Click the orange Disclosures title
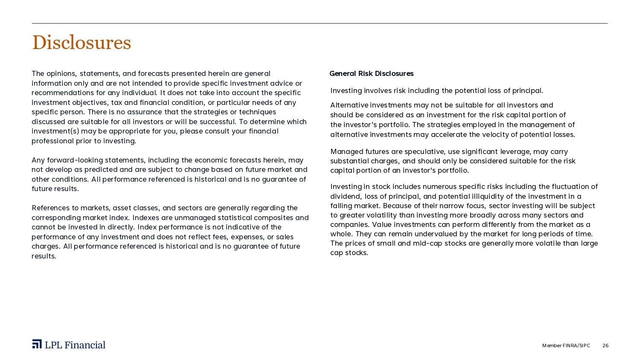pyautogui.click(x=81, y=43)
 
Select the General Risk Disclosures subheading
pyautogui.click(x=371, y=73)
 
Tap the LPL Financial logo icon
pyautogui.click(x=37, y=344)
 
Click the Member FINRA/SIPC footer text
pyautogui.click(x=566, y=345)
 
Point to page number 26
pyautogui.click(x=605, y=345)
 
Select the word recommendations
pyautogui.click(x=57, y=93)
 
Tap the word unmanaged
pyautogui.click(x=195, y=218)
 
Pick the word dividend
pyautogui.click(x=345, y=196)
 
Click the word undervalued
pyautogui.click(x=422, y=234)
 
